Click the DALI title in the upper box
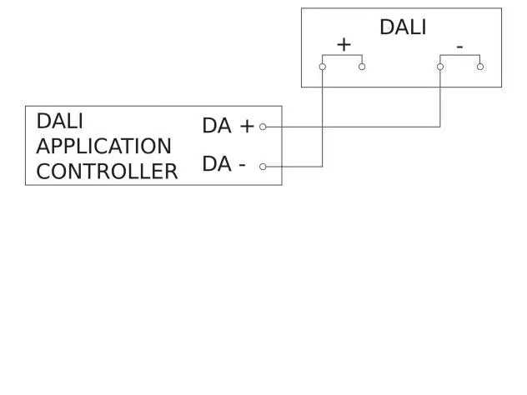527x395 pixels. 403,27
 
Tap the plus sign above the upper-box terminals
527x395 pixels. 343,44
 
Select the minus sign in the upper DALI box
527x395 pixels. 459,47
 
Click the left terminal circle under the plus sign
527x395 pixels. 323,67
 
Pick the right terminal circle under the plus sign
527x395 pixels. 362,67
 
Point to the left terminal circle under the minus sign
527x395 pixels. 440,67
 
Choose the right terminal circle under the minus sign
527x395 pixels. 480,67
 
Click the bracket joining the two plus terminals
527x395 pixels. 342,56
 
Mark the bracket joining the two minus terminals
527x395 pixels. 460,56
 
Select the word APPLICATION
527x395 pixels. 103,146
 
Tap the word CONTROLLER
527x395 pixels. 107,172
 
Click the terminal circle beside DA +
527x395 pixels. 263,127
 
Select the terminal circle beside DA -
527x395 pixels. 263,167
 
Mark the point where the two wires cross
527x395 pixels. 323,127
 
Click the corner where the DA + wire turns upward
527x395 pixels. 440,127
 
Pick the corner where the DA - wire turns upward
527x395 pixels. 323,167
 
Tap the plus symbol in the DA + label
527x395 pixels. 246,126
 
